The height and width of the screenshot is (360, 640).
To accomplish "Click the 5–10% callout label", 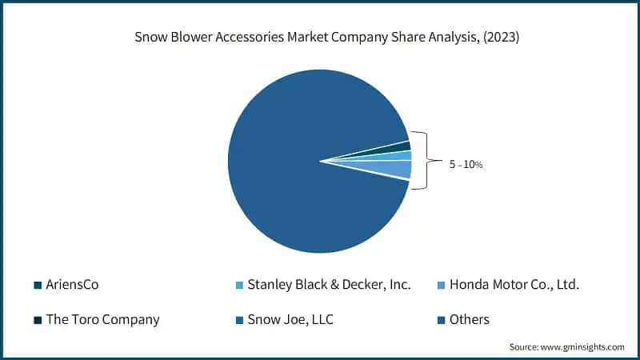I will click(x=466, y=164).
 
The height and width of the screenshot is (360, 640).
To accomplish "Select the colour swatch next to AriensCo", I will click(x=38, y=285).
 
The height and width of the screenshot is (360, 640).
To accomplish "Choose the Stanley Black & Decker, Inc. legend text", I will click(x=330, y=284).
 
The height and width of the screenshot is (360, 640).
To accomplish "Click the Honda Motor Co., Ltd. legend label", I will click(x=514, y=284).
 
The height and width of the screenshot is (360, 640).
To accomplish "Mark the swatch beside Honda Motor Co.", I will click(x=442, y=285).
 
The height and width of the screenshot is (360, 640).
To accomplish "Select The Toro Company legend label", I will click(x=103, y=319).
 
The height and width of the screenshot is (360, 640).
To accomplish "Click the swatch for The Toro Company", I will click(x=38, y=320).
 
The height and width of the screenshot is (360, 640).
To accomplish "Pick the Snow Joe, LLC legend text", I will click(x=290, y=319).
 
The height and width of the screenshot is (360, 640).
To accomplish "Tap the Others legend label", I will click(x=469, y=319).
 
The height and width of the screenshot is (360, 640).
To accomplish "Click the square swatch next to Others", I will click(x=442, y=320).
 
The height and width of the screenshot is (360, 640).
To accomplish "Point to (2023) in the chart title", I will click(x=498, y=38).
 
